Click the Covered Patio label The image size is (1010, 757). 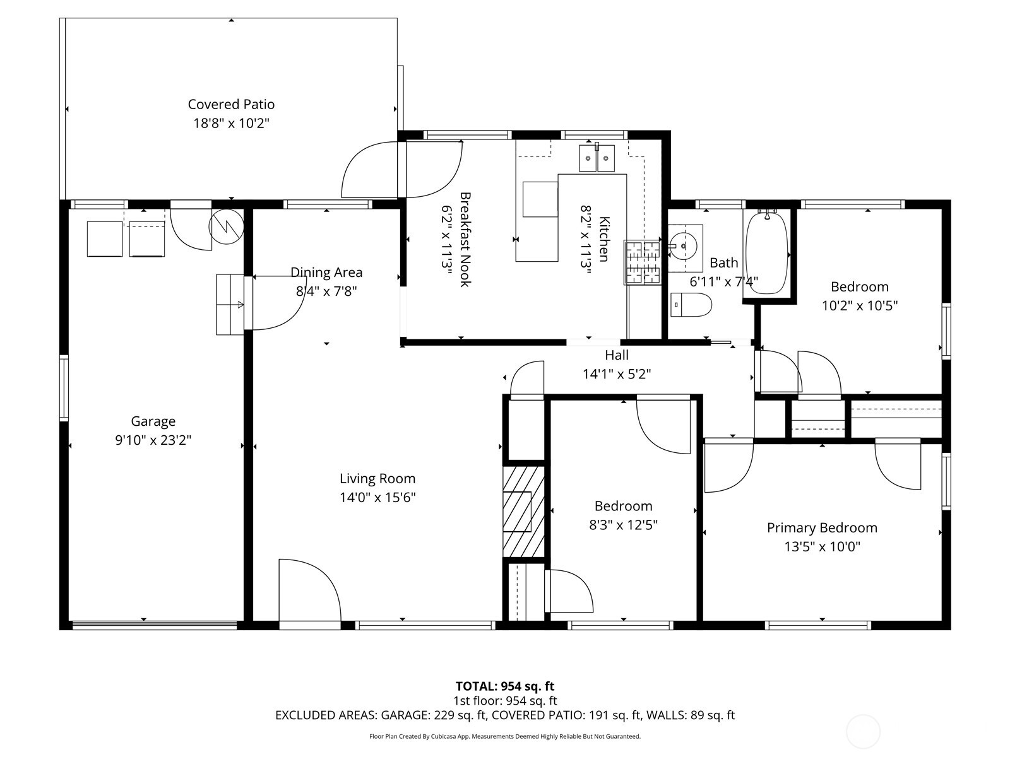click(x=231, y=104)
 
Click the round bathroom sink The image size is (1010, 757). click(x=682, y=243)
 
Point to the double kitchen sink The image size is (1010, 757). click(x=597, y=158)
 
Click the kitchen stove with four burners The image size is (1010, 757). click(x=642, y=262)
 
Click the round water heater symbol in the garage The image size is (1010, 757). click(x=226, y=226)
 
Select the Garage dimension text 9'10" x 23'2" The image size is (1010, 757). click(x=153, y=440)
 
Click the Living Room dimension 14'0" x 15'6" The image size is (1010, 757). click(x=377, y=498)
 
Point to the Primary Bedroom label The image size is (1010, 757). click(x=822, y=527)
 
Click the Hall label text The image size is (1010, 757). click(x=616, y=355)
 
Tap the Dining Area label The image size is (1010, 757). click(x=326, y=273)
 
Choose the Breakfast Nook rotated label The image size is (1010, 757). click(x=465, y=240)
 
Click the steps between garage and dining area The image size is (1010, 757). click(x=230, y=304)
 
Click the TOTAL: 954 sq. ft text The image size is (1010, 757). click(x=504, y=686)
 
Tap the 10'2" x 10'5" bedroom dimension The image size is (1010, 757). click(x=859, y=306)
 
